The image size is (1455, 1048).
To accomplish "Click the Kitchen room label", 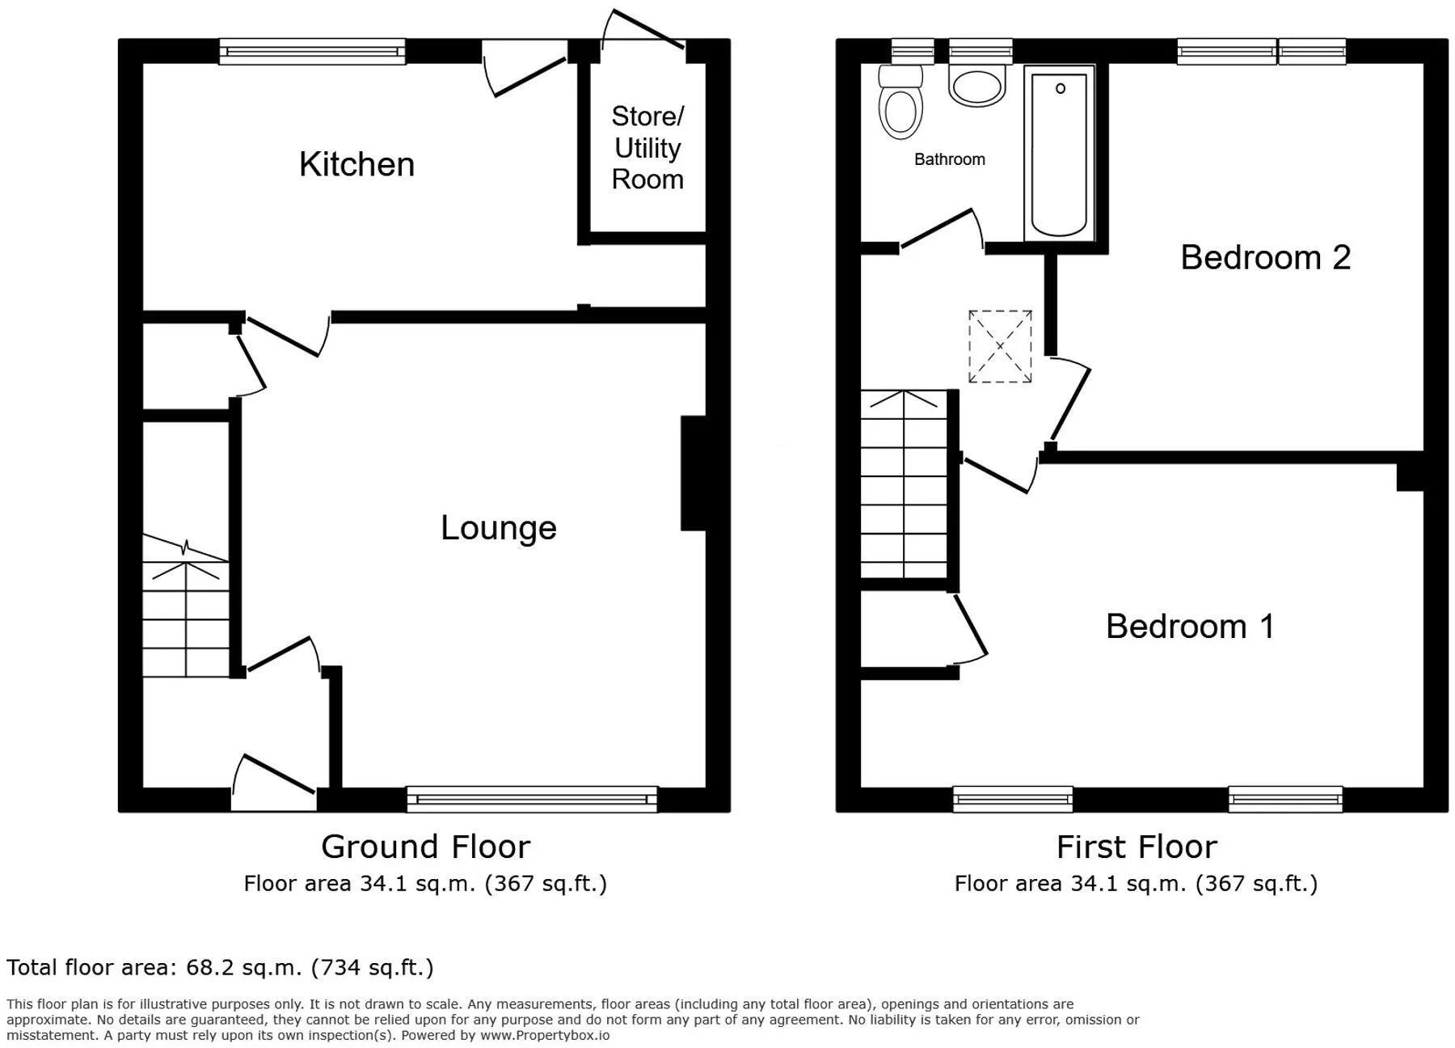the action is point(356,164).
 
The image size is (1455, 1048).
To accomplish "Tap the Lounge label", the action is point(499,528).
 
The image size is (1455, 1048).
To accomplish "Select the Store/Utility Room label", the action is point(647,148).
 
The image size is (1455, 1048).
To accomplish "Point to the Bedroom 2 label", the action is point(1266,257).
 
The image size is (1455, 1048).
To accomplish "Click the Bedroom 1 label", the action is point(1190,626).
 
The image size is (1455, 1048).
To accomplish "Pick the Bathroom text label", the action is point(950,159).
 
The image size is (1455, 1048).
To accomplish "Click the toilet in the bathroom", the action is point(901,102).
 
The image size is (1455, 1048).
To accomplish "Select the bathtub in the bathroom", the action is point(1059,153).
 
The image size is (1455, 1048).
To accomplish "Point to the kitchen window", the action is point(312,53).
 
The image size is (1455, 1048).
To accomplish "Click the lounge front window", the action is point(532,799).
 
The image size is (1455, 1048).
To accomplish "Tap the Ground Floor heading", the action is point(426,847).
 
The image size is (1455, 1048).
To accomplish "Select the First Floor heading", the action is point(1137,847).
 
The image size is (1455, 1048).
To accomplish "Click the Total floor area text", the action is point(220,968).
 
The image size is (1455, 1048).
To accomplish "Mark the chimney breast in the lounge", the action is point(694,473).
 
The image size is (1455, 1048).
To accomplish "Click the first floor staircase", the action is point(904,484).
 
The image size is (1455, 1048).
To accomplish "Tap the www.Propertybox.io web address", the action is point(545,1035).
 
